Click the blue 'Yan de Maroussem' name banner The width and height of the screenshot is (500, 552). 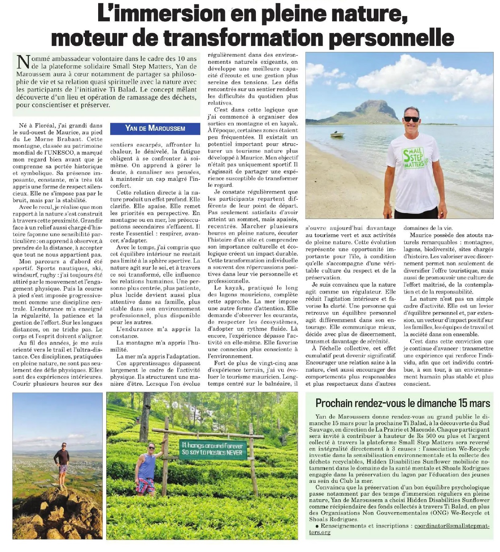[x=155, y=128]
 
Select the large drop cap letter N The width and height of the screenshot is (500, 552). [x=23, y=62]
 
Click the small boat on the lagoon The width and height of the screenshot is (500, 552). [x=337, y=134]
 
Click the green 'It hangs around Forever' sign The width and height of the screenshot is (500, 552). [x=212, y=449]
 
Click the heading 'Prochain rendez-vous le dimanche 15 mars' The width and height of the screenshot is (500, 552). [x=403, y=403]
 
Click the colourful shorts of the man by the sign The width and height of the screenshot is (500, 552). [x=146, y=485]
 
